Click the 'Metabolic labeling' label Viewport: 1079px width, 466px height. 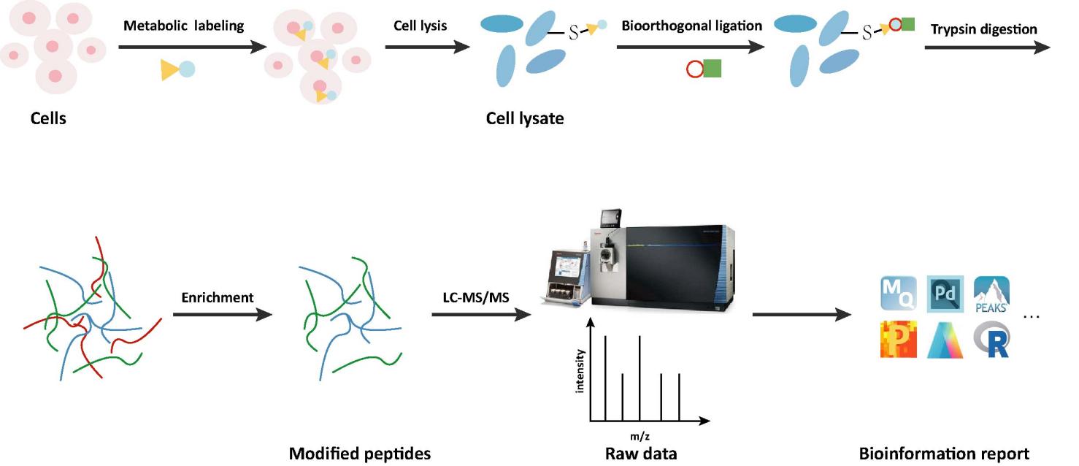point(183,26)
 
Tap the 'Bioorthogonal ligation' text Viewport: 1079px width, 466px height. point(691,26)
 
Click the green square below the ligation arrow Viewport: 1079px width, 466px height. point(712,69)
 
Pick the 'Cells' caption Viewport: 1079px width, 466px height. point(48,118)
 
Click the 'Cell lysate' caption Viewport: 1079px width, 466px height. point(525,118)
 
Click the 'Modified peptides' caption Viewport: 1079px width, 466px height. point(360,454)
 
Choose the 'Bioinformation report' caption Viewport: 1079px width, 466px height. point(945,454)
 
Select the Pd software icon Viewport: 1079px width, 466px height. point(945,294)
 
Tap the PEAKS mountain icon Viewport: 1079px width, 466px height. point(991,294)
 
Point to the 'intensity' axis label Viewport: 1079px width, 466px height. point(580,371)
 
